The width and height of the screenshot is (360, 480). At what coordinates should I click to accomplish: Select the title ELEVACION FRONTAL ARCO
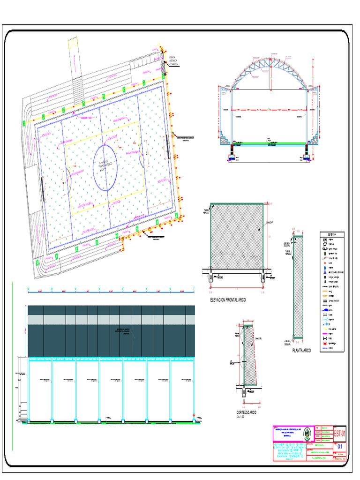click(x=228, y=300)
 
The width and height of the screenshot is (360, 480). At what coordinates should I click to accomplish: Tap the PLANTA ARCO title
click(x=301, y=350)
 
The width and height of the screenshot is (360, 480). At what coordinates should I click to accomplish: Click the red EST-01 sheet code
click(x=340, y=433)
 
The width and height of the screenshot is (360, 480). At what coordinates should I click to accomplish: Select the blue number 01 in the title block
click(x=340, y=447)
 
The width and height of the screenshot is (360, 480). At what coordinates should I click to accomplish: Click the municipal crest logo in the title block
click(x=307, y=434)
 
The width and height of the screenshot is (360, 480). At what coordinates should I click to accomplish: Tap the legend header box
click(x=332, y=234)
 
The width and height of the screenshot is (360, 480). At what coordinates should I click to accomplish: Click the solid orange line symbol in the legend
click(x=325, y=290)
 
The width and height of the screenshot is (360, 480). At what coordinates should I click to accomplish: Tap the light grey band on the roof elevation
click(x=112, y=320)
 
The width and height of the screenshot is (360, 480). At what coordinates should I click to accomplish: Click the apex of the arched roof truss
click(x=270, y=59)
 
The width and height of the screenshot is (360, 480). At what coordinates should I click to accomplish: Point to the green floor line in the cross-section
click(x=270, y=143)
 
